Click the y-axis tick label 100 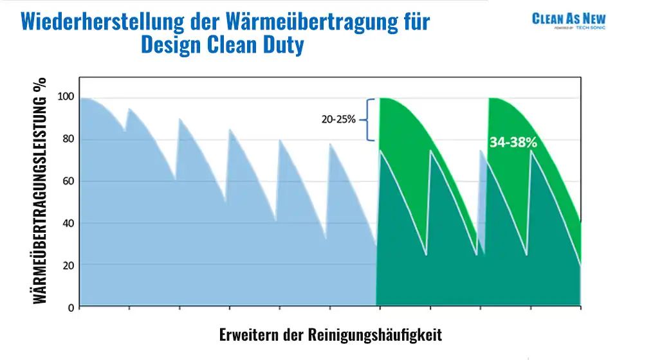(x=67, y=97)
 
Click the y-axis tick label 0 (x=71, y=307)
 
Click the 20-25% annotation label (x=339, y=120)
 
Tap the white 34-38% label (x=513, y=143)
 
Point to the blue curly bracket (x=370, y=120)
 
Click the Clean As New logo (x=569, y=21)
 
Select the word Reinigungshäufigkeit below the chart (x=375, y=335)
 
